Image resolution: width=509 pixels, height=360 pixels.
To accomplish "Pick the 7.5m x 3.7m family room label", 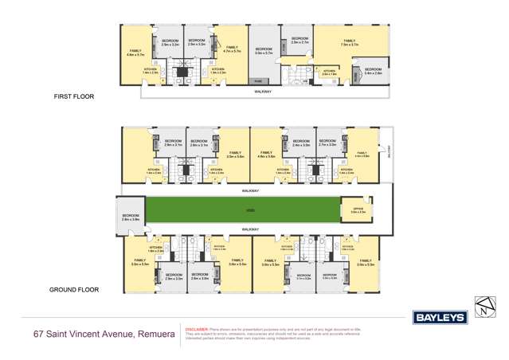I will tap(348, 42).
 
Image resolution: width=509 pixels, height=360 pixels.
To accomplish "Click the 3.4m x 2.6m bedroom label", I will tap(372, 70).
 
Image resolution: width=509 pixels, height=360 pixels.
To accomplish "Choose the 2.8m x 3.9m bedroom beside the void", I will tap(131, 217).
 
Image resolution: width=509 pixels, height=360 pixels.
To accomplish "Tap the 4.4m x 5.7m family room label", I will tap(135, 53).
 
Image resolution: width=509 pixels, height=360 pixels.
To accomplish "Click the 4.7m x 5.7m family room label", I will tap(232, 49).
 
